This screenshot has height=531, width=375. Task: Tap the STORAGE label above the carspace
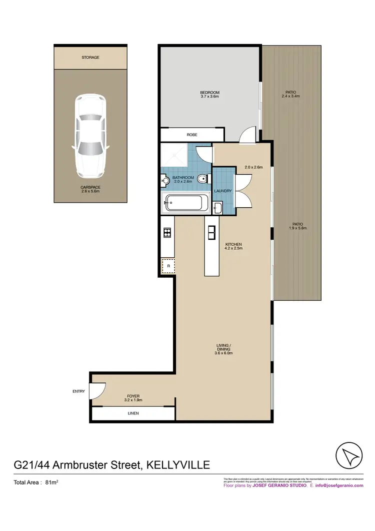(x=90, y=58)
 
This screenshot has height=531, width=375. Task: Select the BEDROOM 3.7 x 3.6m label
(x=209, y=95)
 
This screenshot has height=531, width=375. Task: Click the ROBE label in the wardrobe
(x=191, y=135)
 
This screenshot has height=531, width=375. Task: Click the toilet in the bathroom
(x=201, y=179)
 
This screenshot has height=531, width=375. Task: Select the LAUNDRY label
(x=222, y=191)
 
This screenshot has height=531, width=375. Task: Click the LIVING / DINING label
(x=223, y=348)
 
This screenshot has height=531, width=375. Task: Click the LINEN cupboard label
(x=133, y=413)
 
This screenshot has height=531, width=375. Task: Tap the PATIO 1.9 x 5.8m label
(x=297, y=226)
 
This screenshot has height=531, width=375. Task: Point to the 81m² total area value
(x=52, y=483)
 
